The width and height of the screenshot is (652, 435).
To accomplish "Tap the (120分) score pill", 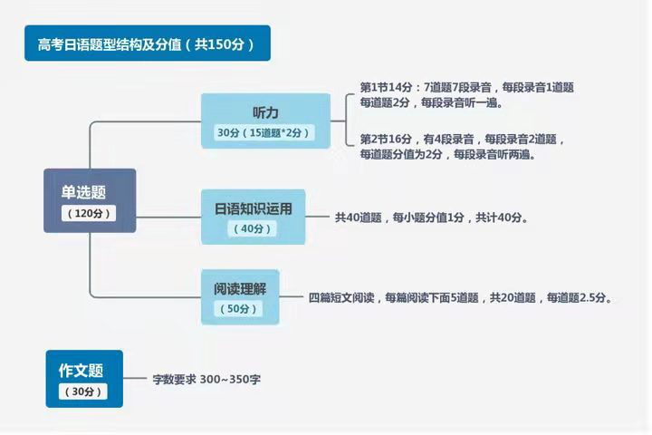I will pos(90,214).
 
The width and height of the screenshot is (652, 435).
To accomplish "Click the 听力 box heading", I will pos(265,111).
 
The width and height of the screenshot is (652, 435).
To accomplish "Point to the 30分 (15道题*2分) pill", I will pos(265,132).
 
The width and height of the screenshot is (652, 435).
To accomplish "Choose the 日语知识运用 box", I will pos(254,208).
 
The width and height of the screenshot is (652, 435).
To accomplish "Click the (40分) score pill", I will pos(254,229).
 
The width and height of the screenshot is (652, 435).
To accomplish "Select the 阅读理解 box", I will pos(240,287).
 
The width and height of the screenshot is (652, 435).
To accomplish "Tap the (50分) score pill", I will pos(239,309).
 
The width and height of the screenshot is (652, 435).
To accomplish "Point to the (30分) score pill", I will pos(82,391).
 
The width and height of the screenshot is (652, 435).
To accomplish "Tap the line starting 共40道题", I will pos(431,218).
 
